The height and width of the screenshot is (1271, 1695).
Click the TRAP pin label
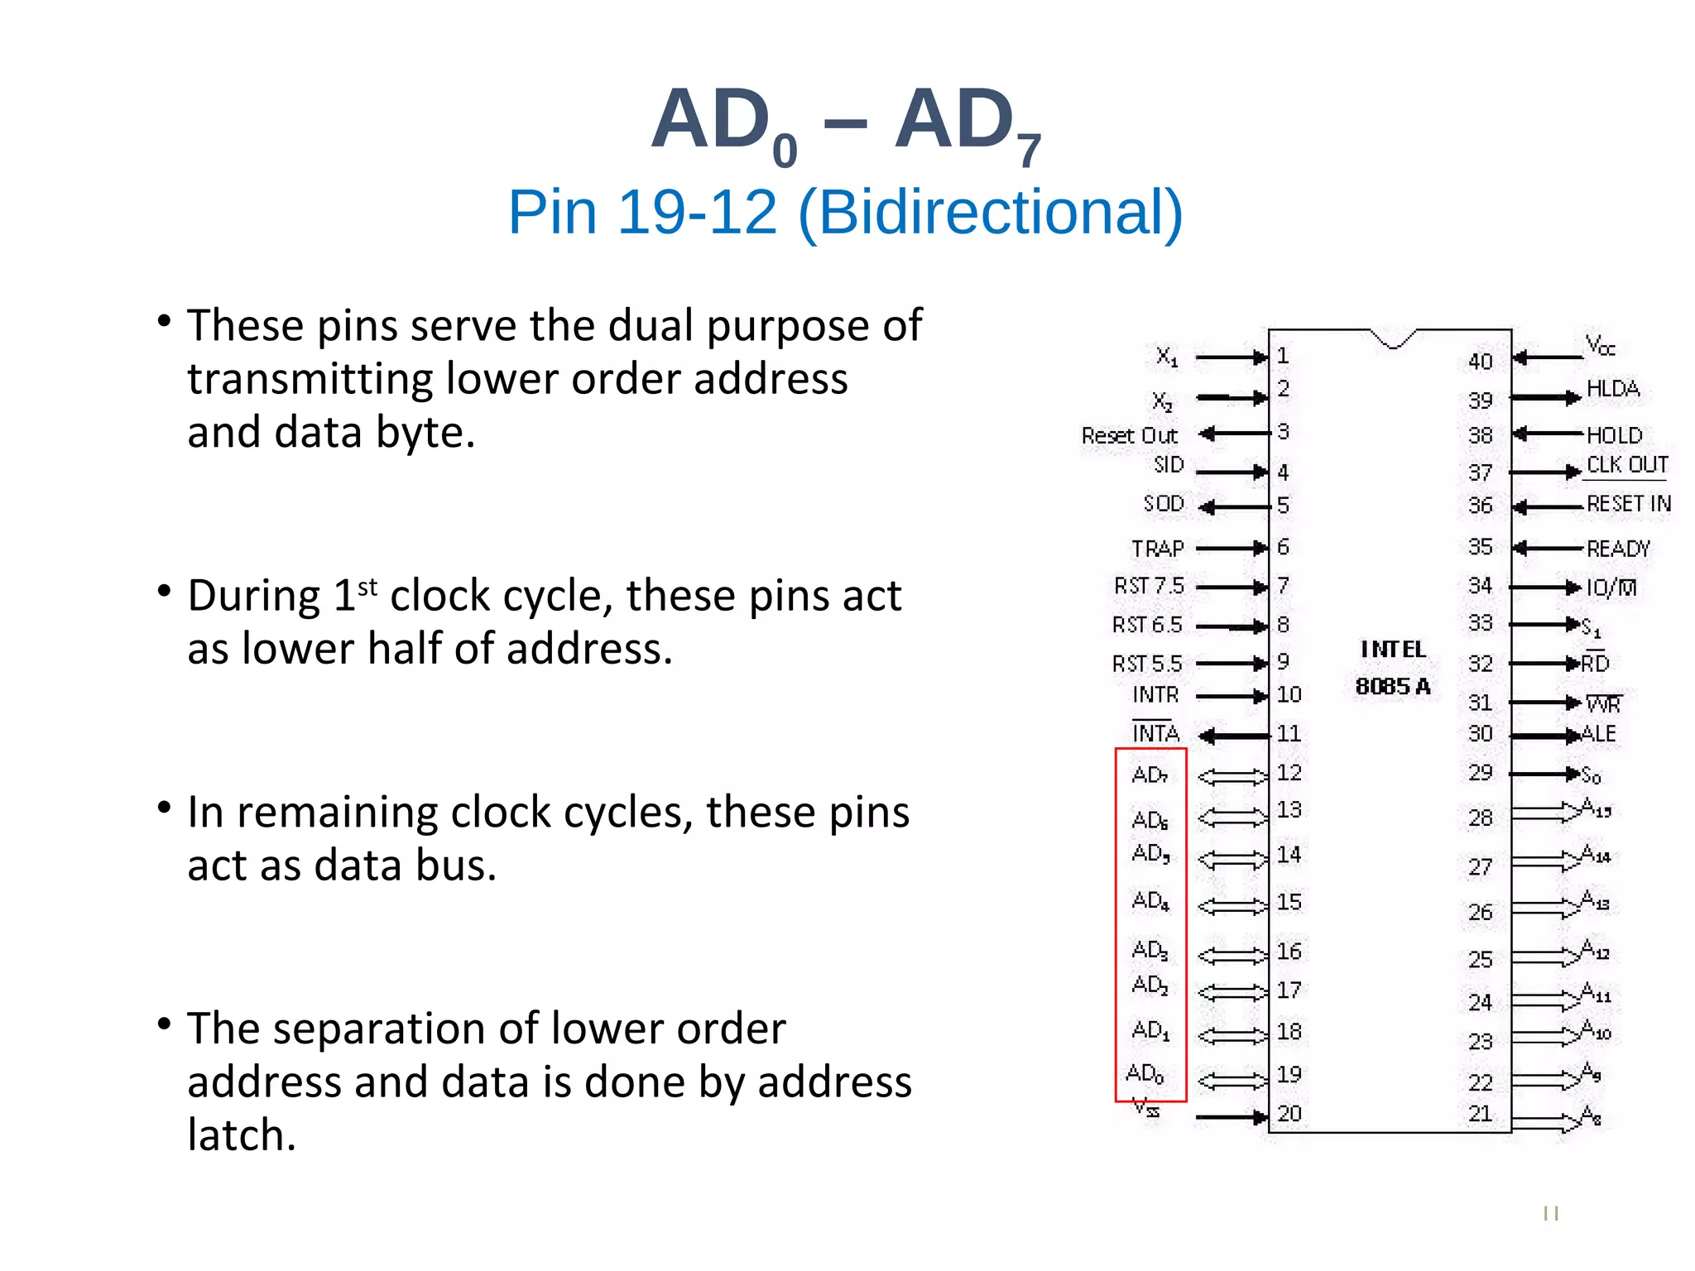[1157, 549]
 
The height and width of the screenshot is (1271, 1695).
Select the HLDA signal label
[1612, 389]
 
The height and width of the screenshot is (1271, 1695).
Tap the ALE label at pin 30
[1598, 734]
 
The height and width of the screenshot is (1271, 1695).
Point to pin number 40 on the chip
[1480, 362]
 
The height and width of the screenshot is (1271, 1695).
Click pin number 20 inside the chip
[1289, 1114]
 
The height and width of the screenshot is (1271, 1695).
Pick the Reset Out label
[1129, 435]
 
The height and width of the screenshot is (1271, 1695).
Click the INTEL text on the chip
[1393, 650]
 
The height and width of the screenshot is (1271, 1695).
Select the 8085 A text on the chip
[1393, 686]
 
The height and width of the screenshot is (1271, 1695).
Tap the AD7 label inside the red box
[1150, 775]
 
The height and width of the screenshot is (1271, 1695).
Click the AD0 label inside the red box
[1145, 1074]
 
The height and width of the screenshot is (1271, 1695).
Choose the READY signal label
[1618, 549]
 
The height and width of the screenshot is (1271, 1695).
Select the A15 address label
[1595, 808]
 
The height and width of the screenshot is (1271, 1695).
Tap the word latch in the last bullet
[241, 1134]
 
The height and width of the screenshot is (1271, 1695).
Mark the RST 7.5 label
[1149, 586]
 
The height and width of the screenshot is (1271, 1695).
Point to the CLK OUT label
[1626, 465]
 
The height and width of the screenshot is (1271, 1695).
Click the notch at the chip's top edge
[1393, 339]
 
